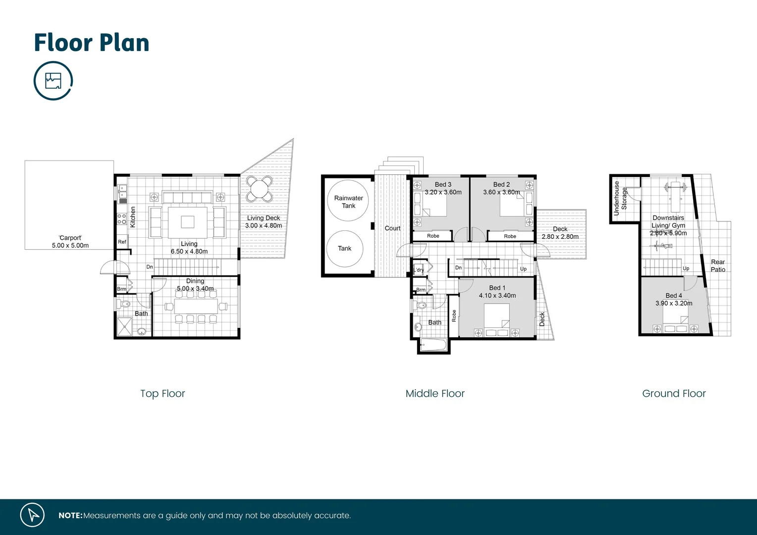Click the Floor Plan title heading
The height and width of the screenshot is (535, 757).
92,43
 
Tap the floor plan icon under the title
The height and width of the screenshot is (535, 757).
53,80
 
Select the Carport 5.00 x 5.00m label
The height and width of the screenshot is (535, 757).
70,242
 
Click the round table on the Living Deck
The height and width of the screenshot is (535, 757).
260,189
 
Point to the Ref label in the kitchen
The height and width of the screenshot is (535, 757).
122,242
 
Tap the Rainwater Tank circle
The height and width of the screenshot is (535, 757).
349,201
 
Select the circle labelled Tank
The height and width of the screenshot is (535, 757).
345,249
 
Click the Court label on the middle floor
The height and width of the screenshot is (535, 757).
392,228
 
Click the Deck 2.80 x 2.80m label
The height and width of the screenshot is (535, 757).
560,233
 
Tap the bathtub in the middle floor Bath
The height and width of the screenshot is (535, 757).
433,345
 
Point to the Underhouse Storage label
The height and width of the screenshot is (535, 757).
620,198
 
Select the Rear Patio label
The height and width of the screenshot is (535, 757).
718,266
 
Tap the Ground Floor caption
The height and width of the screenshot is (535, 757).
674,393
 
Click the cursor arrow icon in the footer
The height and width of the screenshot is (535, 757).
33,515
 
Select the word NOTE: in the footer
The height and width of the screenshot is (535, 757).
70,516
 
